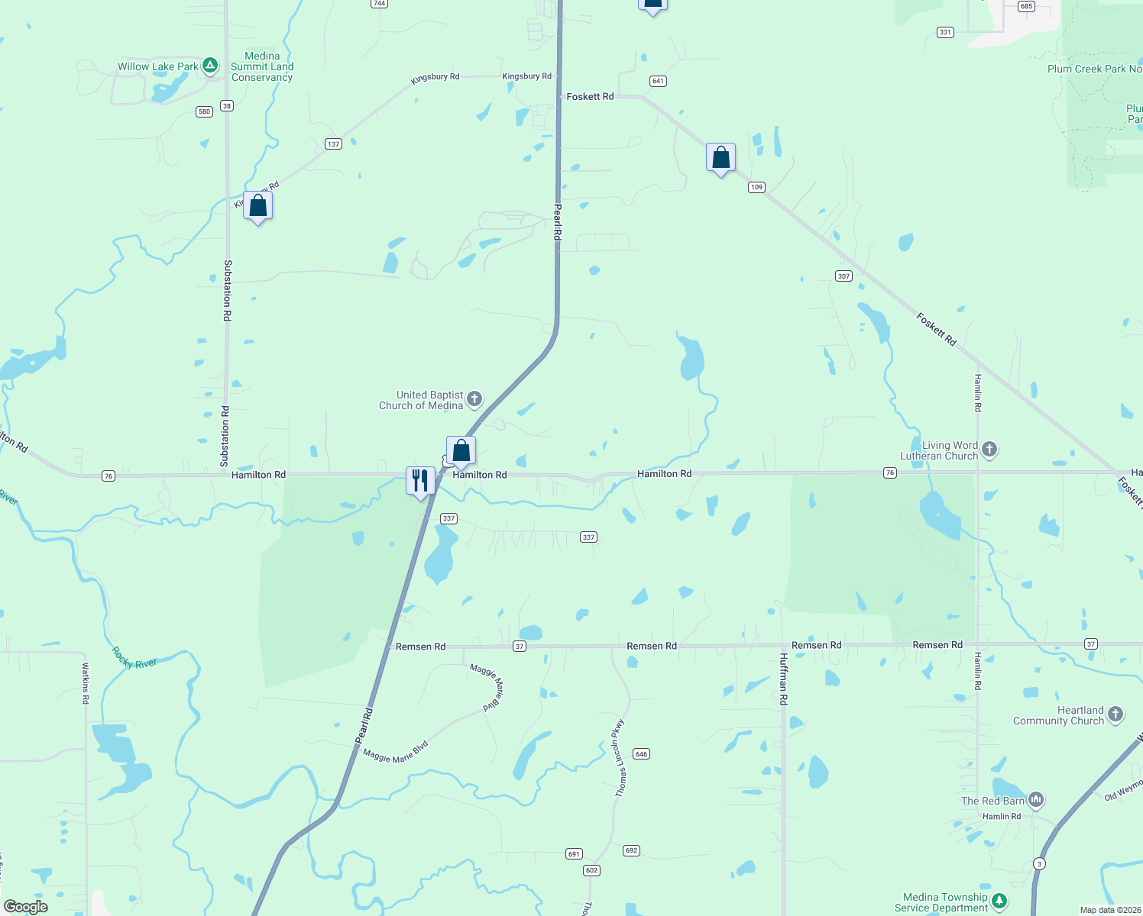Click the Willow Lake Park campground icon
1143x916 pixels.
point(210,66)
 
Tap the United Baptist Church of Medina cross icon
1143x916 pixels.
point(474,398)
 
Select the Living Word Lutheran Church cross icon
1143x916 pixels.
point(989,449)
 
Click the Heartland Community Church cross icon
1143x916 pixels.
point(1115,714)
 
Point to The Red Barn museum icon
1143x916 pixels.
point(1036,800)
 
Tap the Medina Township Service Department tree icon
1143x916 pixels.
point(999,901)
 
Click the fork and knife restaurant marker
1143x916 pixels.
point(420,481)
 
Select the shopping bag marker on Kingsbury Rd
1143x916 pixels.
point(258,205)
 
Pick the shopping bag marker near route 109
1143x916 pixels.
point(721,158)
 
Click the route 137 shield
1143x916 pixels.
point(333,144)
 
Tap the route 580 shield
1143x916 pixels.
point(204,111)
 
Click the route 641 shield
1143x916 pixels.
point(658,81)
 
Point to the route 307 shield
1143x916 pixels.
point(843,276)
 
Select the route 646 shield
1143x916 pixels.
point(641,754)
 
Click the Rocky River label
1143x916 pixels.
point(134,658)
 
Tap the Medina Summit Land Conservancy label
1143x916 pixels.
point(262,66)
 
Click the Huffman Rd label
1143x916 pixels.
point(783,678)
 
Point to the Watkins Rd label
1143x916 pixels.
point(86,682)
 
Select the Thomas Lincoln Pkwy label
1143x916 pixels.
point(620,758)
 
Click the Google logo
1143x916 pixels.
point(26,907)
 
